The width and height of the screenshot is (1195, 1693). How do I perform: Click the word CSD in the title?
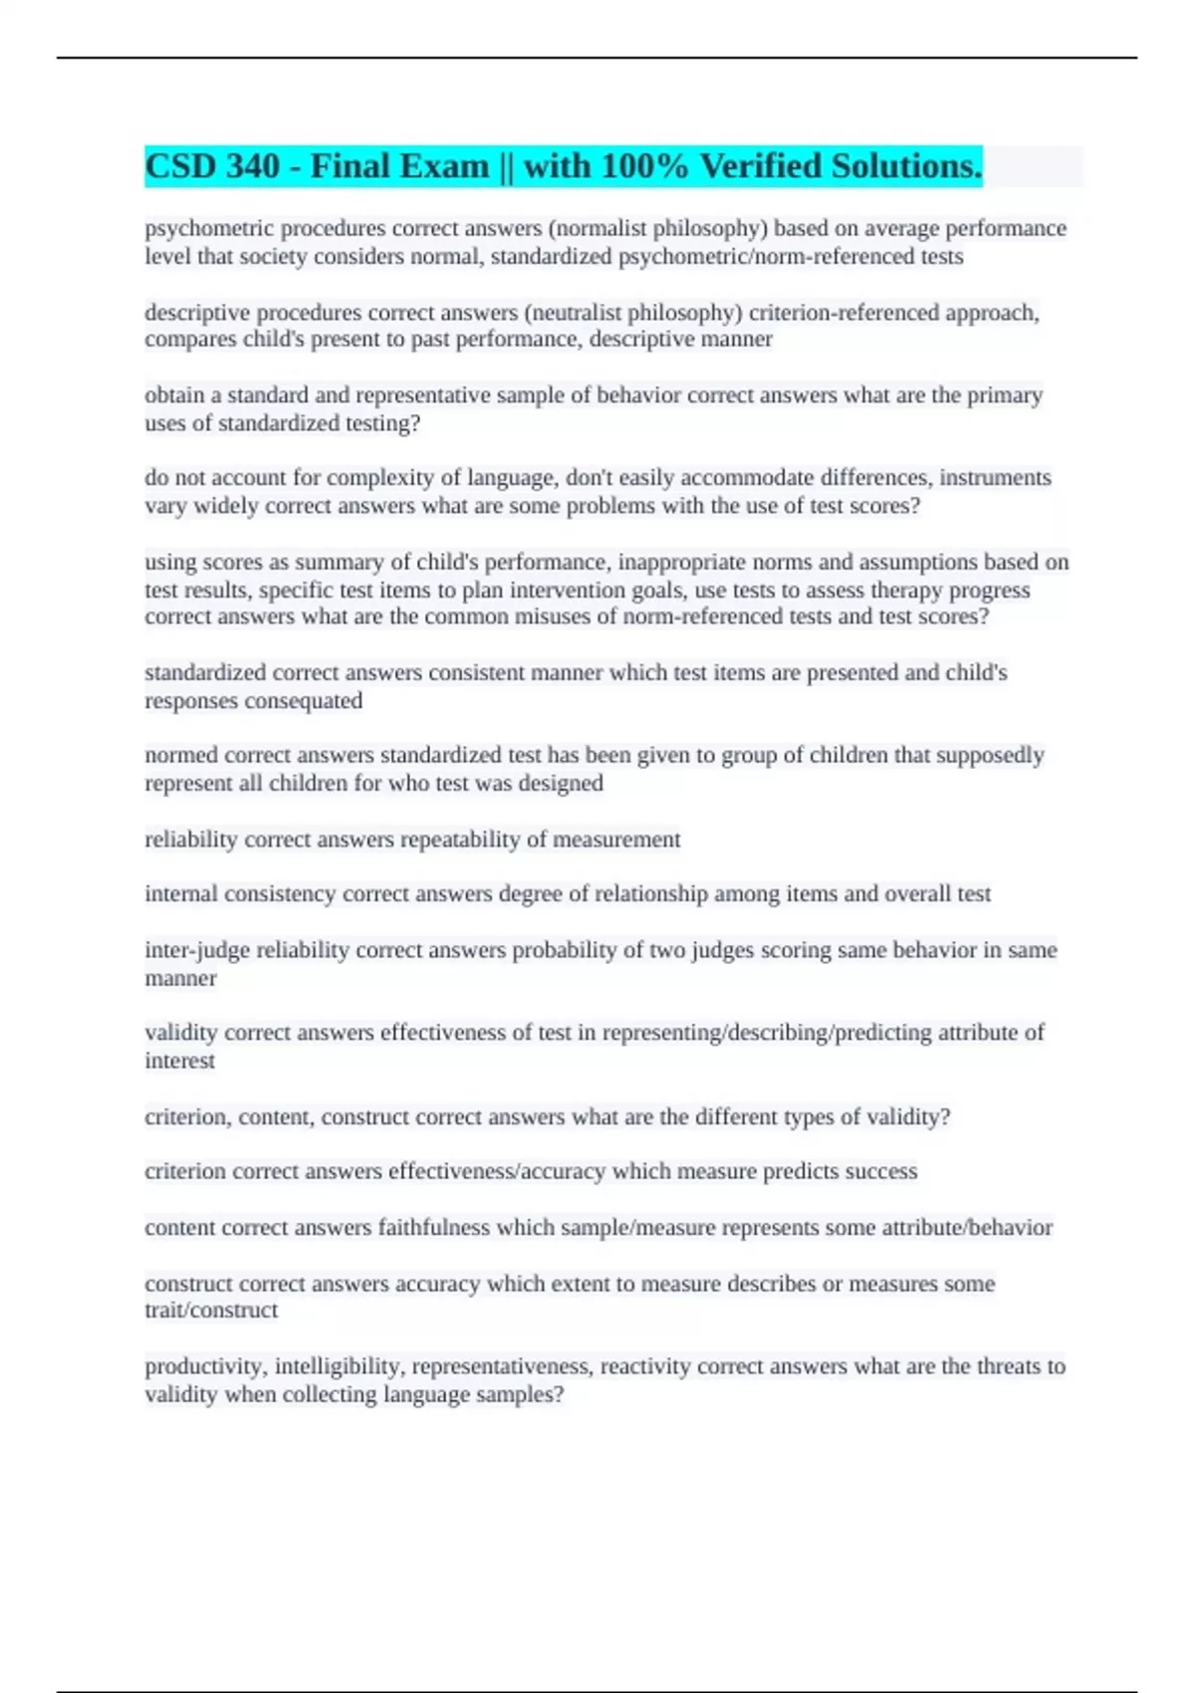click(x=178, y=166)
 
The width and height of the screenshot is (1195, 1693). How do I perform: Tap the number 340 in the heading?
click(x=253, y=166)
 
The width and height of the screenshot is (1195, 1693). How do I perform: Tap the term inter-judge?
click(x=197, y=950)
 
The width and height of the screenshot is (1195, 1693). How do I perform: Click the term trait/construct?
click(x=211, y=1311)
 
